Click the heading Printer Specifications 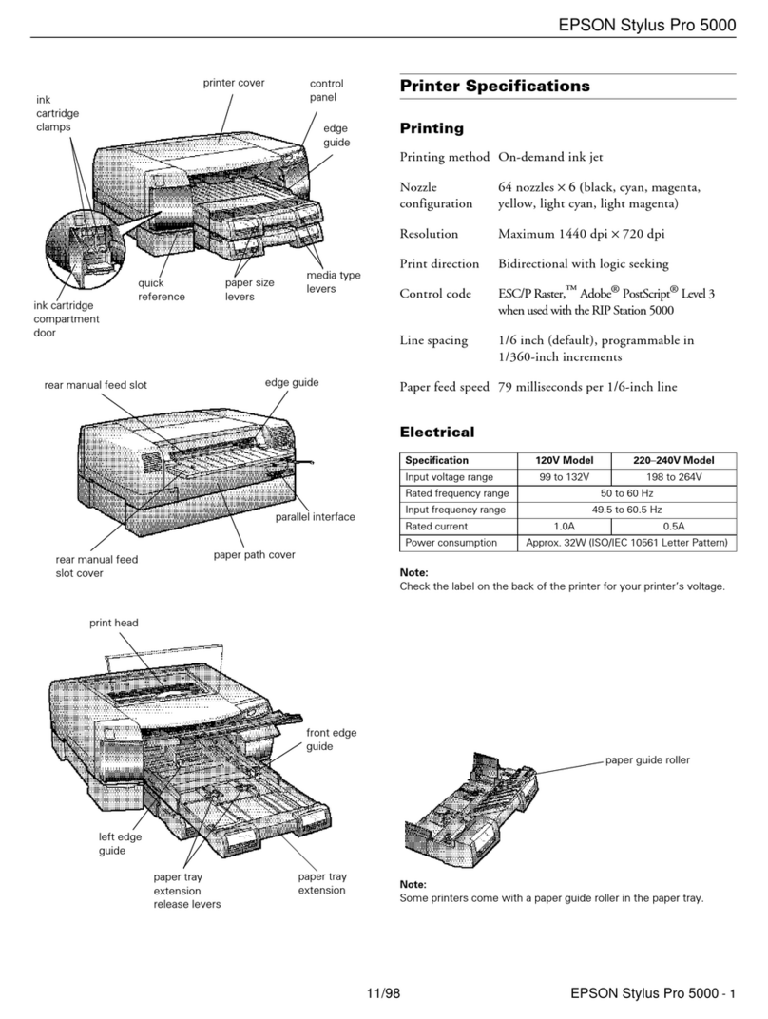(x=494, y=87)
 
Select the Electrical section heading (x=437, y=433)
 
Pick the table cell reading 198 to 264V (x=674, y=476)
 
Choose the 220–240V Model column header (x=674, y=460)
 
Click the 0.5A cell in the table (x=674, y=526)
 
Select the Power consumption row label (x=451, y=543)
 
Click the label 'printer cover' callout (x=234, y=83)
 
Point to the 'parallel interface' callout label (x=315, y=517)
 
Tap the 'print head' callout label (x=114, y=623)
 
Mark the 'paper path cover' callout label (x=255, y=555)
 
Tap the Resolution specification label (x=429, y=234)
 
